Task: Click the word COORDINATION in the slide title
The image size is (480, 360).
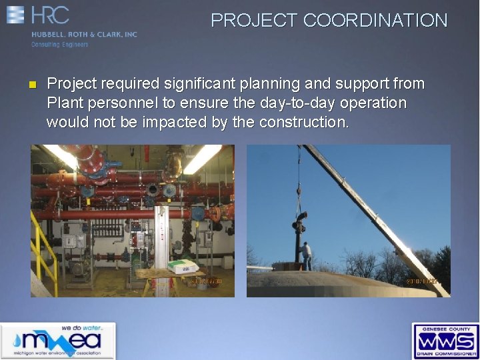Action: point(375,21)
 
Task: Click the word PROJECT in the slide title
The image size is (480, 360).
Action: point(255,21)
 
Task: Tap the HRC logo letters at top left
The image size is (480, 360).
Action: point(49,15)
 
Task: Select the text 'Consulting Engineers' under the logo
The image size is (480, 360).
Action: point(59,45)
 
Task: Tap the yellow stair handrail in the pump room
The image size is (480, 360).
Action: point(43,247)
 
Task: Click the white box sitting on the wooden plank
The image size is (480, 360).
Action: point(182,266)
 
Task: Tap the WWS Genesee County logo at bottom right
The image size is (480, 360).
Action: point(445,341)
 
